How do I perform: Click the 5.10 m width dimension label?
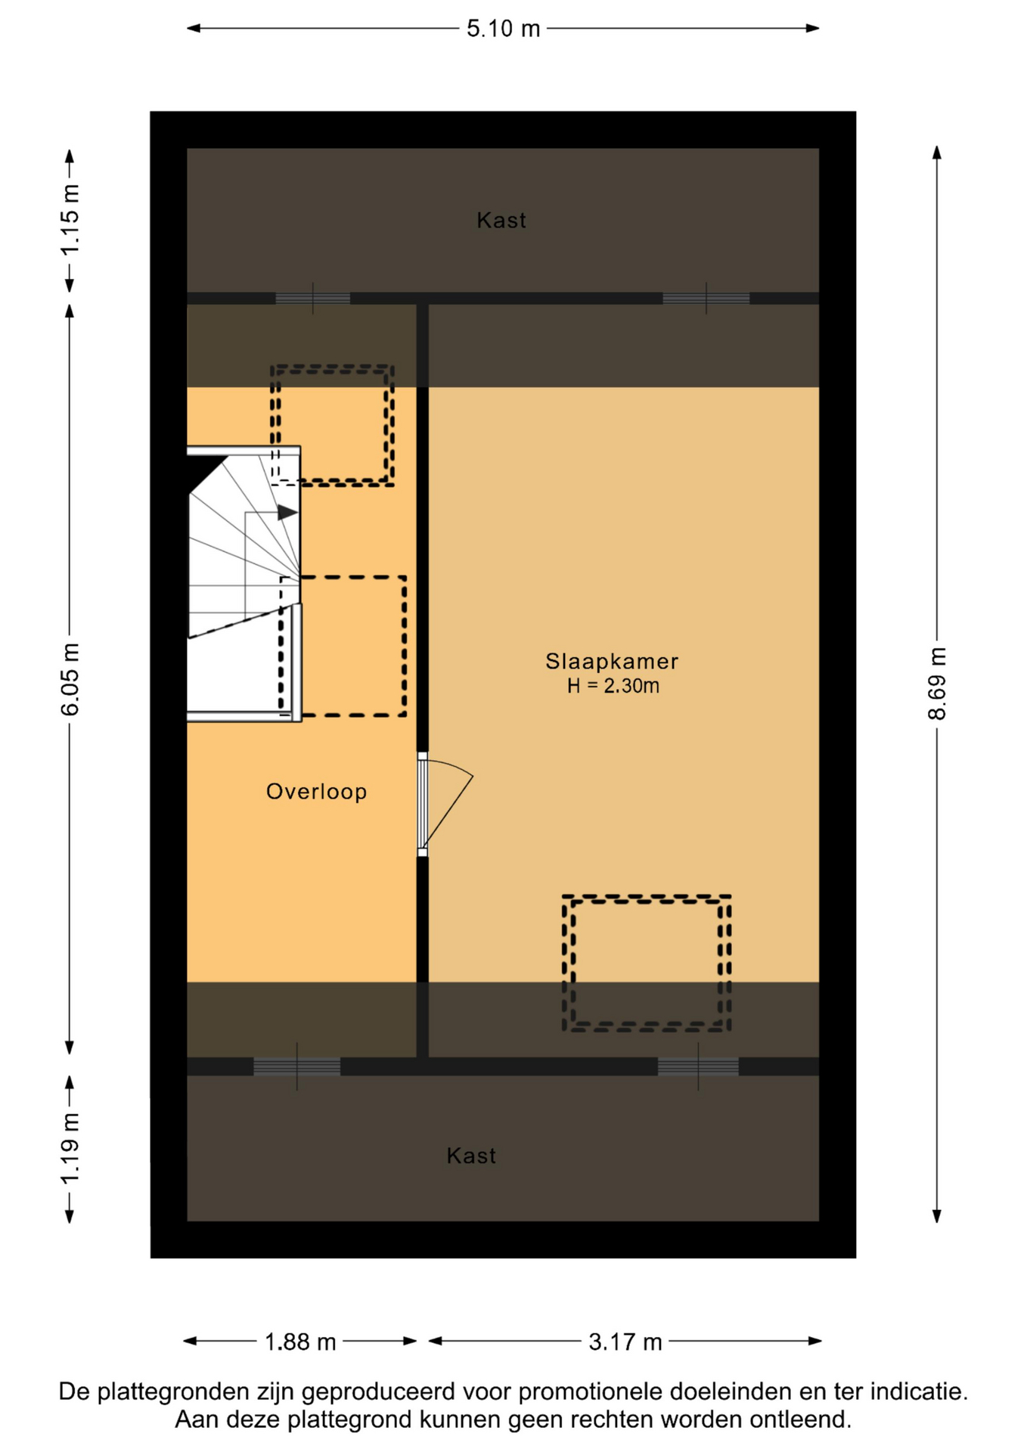[x=503, y=29]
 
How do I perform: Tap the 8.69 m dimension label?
[x=937, y=684]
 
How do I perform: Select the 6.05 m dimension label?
[x=70, y=680]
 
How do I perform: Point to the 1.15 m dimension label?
[x=70, y=220]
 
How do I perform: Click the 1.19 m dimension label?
[x=70, y=1149]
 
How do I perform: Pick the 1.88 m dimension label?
[x=299, y=1342]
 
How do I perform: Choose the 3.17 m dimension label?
[x=625, y=1342]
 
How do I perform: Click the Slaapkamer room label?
[x=612, y=661]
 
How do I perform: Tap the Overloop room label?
[x=316, y=792]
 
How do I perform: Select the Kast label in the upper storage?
[x=501, y=220]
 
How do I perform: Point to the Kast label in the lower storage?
[x=471, y=1156]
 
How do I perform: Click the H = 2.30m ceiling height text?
[x=613, y=686]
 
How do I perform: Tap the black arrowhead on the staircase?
[x=287, y=513]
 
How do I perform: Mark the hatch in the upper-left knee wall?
[x=312, y=299]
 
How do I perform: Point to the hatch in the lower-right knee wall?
[x=698, y=1066]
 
